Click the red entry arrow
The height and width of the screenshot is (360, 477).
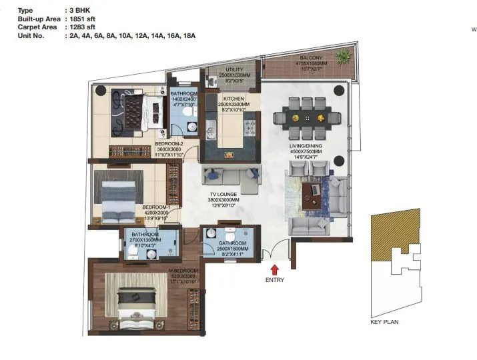[274, 269]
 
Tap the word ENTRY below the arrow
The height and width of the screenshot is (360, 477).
[274, 280]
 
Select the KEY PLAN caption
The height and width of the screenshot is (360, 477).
[384, 323]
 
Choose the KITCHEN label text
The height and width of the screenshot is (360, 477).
[233, 99]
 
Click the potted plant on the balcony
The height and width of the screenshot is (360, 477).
[343, 55]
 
